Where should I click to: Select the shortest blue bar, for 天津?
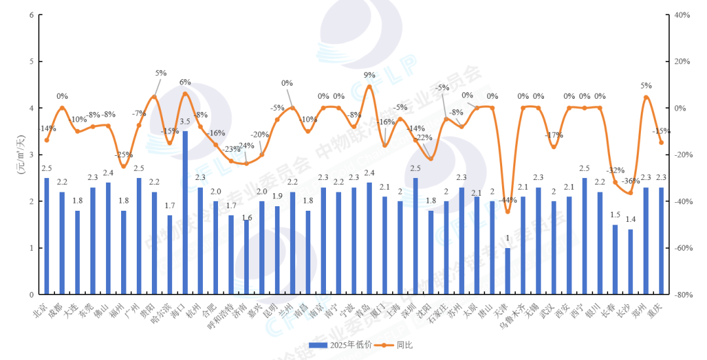click(507, 271)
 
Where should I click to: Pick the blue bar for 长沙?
click(630, 262)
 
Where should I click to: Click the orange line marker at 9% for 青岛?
click(369, 86)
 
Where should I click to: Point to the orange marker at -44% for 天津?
click(507, 211)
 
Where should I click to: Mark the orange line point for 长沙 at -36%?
click(630, 192)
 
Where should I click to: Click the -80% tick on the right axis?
click(680, 295)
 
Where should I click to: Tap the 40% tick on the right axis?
click(680, 15)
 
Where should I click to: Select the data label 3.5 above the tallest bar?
click(185, 122)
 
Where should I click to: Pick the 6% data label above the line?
click(185, 82)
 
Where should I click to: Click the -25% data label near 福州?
click(123, 155)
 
